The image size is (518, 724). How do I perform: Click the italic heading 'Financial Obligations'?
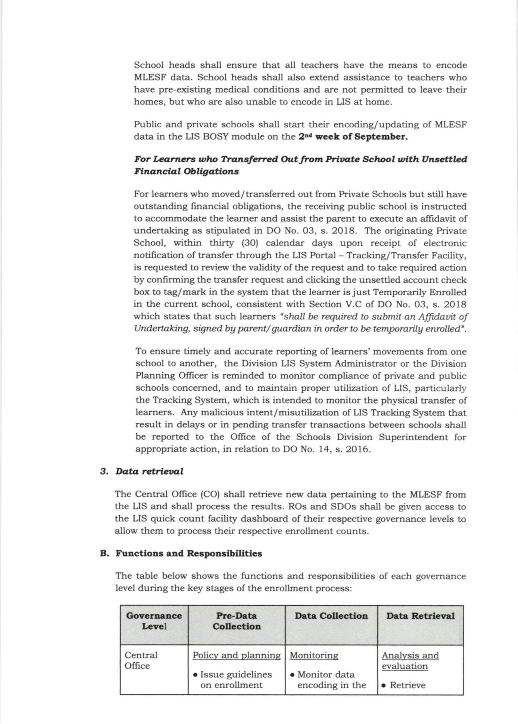point(186,171)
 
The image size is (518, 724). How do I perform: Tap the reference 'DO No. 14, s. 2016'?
point(334,449)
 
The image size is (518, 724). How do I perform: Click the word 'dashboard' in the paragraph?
point(283,519)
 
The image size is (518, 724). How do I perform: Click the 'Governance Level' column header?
point(154,621)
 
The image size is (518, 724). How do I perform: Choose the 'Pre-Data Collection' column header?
point(236,621)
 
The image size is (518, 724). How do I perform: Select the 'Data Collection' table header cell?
point(331,616)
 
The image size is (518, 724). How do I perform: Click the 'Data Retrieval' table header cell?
point(420,616)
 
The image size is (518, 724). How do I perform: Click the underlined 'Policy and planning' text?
point(236,655)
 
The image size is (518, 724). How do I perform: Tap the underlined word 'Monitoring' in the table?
point(313,655)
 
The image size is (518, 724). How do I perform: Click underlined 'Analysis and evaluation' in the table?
point(410,661)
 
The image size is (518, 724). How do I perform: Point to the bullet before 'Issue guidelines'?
point(195,675)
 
